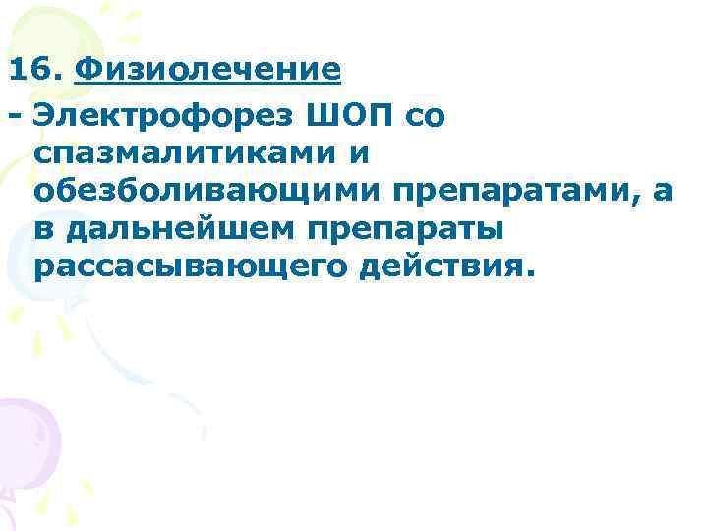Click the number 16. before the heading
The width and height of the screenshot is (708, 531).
point(35,71)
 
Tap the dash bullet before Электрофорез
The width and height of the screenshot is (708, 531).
point(14,116)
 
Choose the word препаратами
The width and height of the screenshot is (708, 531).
point(503,191)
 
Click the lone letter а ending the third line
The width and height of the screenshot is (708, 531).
point(663,192)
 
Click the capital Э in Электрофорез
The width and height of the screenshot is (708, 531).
point(45,115)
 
